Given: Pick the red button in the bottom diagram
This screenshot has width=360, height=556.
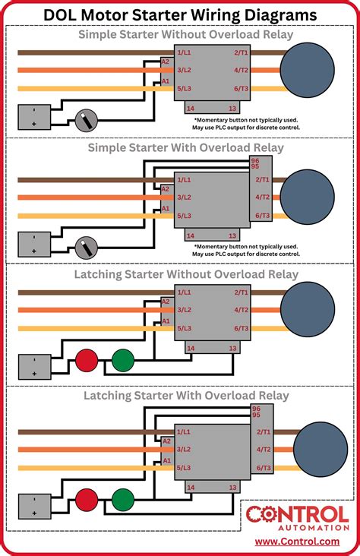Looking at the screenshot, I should pyautogui.click(x=85, y=501).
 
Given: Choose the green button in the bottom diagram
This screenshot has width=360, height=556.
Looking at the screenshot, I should pyautogui.click(x=122, y=501).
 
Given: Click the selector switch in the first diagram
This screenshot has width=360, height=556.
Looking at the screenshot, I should pyautogui.click(x=86, y=118).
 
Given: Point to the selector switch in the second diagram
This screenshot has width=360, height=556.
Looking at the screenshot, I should pyautogui.click(x=86, y=246).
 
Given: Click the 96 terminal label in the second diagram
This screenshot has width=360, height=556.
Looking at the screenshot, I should pyautogui.click(x=255, y=160).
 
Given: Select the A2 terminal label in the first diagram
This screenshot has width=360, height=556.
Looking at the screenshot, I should pyautogui.click(x=166, y=62).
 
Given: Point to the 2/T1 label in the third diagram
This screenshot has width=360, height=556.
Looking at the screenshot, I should pyautogui.click(x=242, y=292).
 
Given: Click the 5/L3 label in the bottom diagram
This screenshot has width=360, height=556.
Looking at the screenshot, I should pyautogui.click(x=185, y=469).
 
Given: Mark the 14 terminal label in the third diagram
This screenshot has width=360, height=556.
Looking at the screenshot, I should pyautogui.click(x=191, y=348).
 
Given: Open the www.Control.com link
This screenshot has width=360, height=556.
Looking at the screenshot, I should pyautogui.click(x=297, y=542).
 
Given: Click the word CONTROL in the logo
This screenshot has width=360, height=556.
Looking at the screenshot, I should pyautogui.click(x=297, y=513).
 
